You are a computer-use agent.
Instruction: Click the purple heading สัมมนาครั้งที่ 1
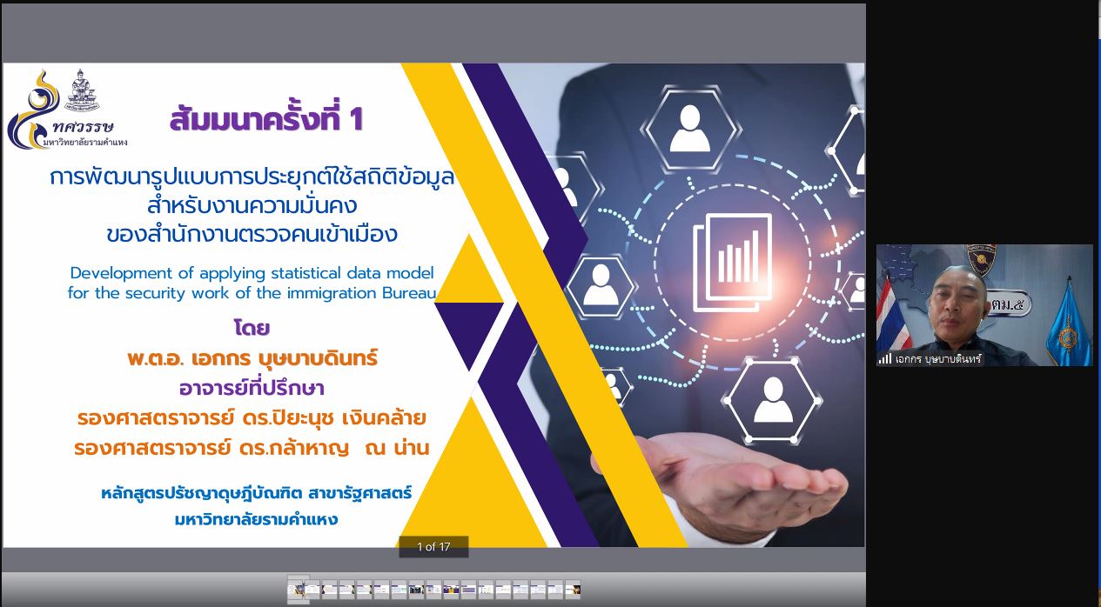tap(266, 118)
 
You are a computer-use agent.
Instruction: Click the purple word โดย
tap(252, 328)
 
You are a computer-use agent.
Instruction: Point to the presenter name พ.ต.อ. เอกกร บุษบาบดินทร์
tap(252, 358)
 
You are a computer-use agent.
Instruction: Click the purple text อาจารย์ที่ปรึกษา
tap(252, 388)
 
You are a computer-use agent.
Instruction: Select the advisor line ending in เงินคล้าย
tap(252, 418)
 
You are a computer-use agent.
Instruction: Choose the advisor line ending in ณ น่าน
tap(252, 448)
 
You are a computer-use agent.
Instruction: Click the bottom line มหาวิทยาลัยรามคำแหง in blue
tap(256, 519)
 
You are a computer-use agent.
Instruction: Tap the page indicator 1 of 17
tap(433, 547)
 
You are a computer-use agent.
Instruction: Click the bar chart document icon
tap(732, 263)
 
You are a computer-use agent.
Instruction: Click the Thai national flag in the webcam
tap(893, 314)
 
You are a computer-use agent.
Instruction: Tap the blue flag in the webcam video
tap(1066, 324)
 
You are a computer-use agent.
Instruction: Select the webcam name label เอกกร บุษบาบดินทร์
tap(938, 359)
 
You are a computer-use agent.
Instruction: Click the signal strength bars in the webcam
tap(885, 359)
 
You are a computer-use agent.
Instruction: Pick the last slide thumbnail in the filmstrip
tap(573, 590)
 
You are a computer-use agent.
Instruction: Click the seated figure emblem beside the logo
tap(82, 90)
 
